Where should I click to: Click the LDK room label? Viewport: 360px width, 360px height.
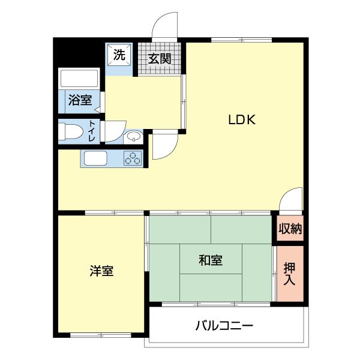[x=242, y=119]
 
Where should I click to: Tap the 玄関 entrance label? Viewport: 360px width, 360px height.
[x=160, y=59]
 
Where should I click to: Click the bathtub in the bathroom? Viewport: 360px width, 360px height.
[x=79, y=79]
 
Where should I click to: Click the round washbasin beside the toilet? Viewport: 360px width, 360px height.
[x=133, y=138]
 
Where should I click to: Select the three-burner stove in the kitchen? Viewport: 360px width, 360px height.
[x=133, y=159]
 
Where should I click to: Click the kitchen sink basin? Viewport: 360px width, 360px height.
[x=95, y=159]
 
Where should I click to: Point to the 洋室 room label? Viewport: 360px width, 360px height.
[x=102, y=271]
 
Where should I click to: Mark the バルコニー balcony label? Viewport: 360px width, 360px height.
[x=224, y=326]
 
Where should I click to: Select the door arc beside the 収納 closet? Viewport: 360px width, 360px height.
[x=292, y=199]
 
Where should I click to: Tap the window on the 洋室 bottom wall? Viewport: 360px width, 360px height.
[x=101, y=334]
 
